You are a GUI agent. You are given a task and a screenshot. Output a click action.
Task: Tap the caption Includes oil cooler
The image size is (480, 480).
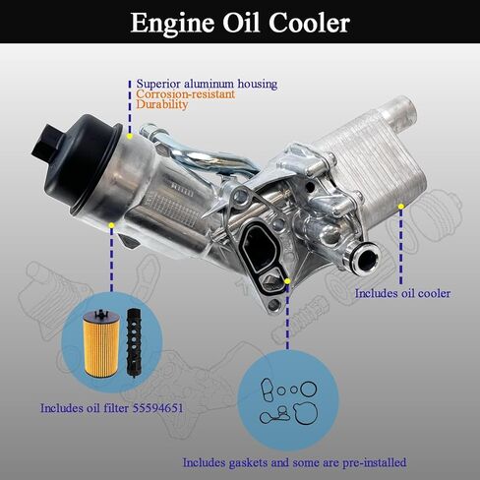coord(403,293)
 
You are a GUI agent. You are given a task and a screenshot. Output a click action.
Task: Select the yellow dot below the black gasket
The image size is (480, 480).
coord(286,281)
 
